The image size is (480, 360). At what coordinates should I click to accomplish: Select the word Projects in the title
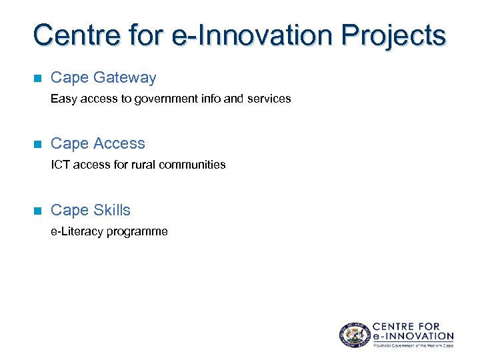click(391, 35)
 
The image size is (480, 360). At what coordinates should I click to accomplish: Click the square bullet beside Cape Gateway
click(37, 78)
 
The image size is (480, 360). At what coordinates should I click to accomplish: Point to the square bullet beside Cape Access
click(37, 144)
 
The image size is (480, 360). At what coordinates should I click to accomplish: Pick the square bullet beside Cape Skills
click(37, 211)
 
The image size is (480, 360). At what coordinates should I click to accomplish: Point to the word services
click(269, 99)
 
